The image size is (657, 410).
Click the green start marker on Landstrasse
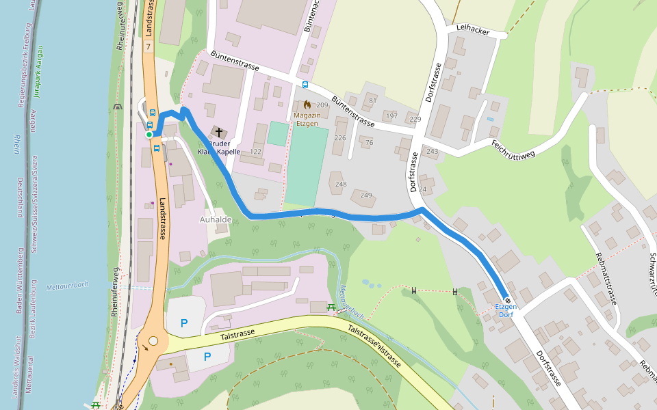coord(149,135)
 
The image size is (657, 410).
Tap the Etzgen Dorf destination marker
coord(507,300)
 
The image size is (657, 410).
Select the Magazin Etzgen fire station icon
coord(307,105)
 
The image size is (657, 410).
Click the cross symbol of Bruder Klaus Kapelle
coord(219,132)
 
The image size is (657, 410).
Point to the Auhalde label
coord(216,219)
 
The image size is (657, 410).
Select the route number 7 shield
coord(148,46)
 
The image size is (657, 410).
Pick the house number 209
coord(322,105)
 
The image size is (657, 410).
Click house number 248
coord(341,184)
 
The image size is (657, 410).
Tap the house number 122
coord(256,151)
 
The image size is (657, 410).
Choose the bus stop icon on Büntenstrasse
coord(305,85)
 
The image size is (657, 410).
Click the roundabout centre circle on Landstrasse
coord(153,341)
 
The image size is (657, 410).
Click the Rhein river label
coord(16,145)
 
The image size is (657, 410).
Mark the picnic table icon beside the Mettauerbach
coord(331,307)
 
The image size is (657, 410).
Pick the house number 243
coord(433,151)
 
